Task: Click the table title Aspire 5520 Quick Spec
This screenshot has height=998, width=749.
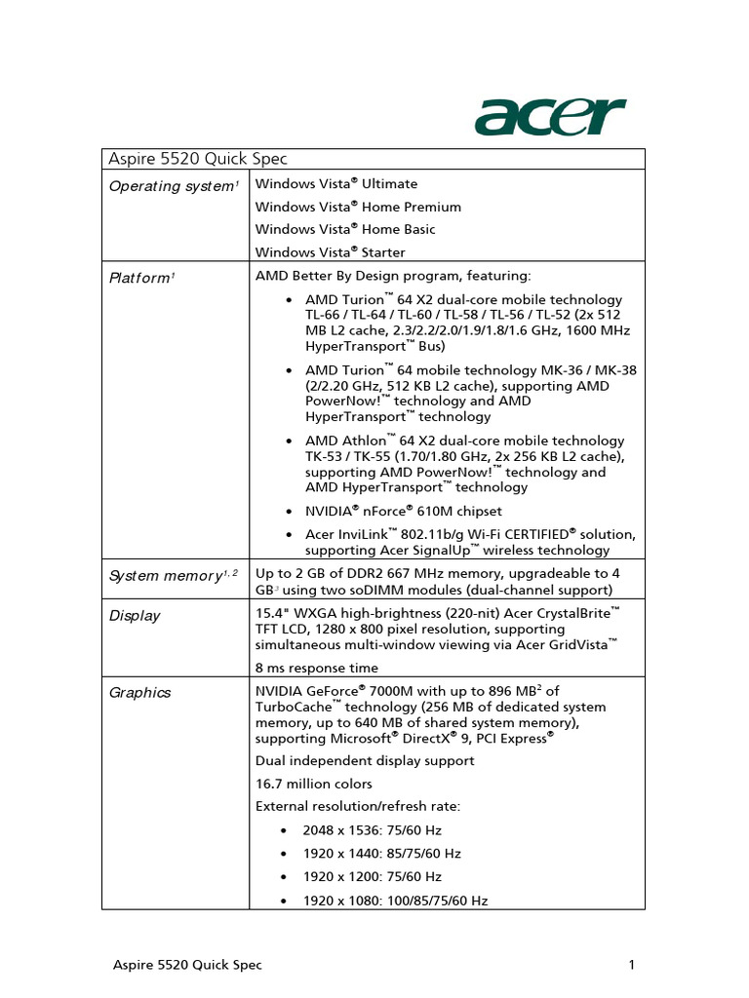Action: pos(197,159)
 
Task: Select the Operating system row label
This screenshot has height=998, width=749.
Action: pos(173,185)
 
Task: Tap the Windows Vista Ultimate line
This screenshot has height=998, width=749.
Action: pos(336,184)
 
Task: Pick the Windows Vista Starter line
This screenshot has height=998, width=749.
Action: pos(331,252)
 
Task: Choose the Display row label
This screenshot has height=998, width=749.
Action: pos(135,616)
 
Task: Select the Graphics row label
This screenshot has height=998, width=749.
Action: pos(139,693)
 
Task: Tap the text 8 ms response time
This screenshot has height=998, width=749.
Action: pos(317,669)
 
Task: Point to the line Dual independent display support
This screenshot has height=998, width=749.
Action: pos(365,760)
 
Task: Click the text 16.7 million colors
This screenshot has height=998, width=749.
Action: pos(314,784)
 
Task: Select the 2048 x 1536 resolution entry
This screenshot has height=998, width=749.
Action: pos(372,830)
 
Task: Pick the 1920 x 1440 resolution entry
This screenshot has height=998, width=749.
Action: pos(381,854)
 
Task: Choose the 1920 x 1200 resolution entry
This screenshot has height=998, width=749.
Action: pos(372,877)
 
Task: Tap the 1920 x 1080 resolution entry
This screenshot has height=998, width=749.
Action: pos(395,902)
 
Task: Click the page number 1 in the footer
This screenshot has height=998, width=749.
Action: pos(632,966)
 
